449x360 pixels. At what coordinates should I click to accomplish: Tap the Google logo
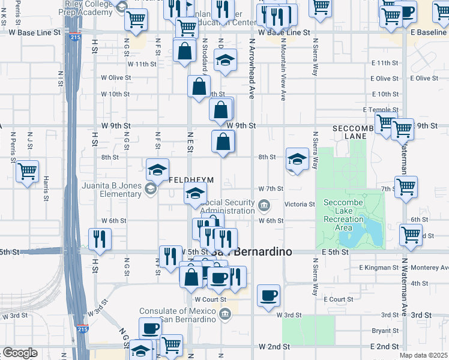[20, 353]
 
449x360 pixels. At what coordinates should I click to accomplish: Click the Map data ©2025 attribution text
[424, 355]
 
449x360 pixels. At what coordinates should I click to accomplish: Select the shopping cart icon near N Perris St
[27, 172]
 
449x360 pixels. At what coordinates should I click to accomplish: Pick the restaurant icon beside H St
[100, 238]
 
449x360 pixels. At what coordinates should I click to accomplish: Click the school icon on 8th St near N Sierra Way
[297, 159]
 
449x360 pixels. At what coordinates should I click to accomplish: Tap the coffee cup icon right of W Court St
[268, 295]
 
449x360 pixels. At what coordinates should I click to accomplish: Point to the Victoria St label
[300, 205]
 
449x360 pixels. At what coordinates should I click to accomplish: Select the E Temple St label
[381, 110]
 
